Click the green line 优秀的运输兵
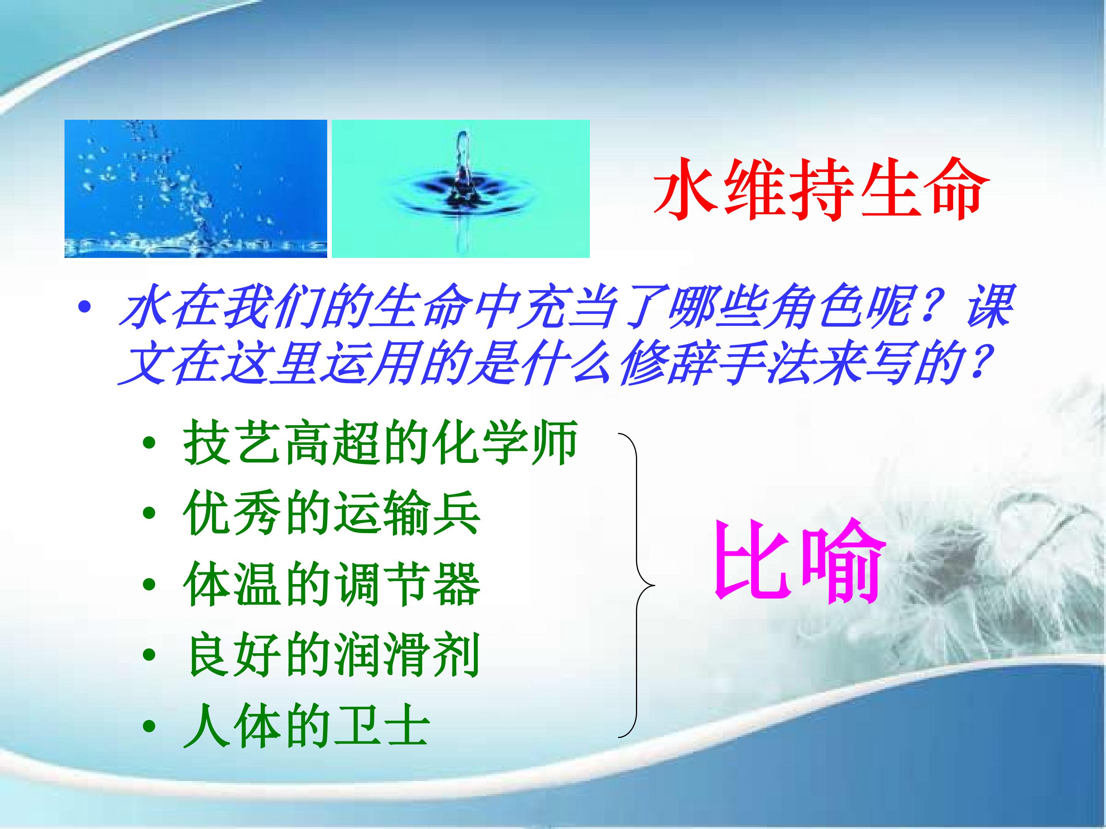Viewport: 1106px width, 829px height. click(331, 513)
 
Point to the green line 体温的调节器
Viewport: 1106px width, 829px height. click(331, 584)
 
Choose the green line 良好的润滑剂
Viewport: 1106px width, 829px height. click(331, 655)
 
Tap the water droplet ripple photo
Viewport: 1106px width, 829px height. click(460, 189)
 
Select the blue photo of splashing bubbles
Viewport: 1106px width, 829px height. click(195, 189)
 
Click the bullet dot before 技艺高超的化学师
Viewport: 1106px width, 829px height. click(149, 444)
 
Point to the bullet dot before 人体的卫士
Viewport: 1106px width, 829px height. click(149, 727)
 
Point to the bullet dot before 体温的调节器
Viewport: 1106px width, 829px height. click(149, 585)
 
